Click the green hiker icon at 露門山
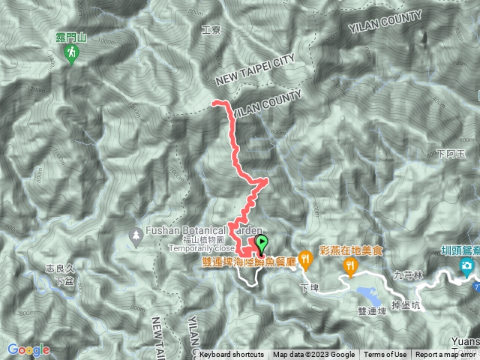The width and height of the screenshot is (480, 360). [x=71, y=53]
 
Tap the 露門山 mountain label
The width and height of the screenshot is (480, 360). [x=72, y=35]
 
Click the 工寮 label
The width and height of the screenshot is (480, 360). [x=212, y=31]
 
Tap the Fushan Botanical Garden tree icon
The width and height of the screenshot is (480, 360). [x=136, y=235]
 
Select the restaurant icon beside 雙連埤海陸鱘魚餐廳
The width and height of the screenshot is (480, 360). [x=305, y=259]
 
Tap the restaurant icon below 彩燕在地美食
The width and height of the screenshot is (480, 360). [x=350, y=266]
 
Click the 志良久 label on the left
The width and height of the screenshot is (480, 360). [x=59, y=268]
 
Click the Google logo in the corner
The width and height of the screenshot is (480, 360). [x=28, y=349]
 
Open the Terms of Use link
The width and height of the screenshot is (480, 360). [x=385, y=355]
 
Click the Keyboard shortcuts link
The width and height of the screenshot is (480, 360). [x=232, y=355]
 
